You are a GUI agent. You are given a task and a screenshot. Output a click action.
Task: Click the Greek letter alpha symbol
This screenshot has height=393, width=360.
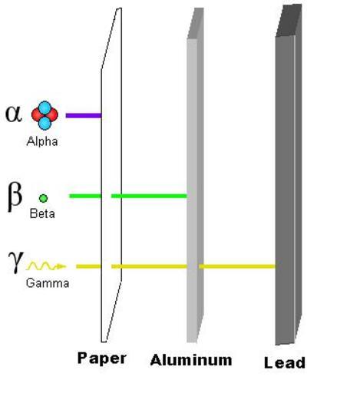tap(14, 114)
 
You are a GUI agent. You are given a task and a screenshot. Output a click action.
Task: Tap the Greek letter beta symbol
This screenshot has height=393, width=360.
tap(15, 196)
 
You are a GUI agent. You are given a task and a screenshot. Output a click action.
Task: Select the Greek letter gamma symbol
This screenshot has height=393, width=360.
tap(16, 262)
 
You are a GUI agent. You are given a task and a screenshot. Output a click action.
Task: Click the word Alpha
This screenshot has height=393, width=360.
tap(42, 141)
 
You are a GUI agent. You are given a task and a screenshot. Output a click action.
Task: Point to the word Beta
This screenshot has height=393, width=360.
tap(42, 213)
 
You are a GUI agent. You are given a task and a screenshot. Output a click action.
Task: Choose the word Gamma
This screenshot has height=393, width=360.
tap(48, 283)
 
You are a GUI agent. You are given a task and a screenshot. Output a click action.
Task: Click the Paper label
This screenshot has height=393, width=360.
tap(101, 358)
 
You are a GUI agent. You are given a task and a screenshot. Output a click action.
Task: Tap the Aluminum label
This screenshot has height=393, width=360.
tap(191, 360)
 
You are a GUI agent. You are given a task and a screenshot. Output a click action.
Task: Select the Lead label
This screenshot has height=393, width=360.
tap(285, 362)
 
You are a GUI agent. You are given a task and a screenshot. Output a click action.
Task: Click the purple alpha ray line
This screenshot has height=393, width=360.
tap(84, 115)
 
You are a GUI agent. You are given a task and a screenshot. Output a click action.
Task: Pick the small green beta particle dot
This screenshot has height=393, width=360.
tap(43, 198)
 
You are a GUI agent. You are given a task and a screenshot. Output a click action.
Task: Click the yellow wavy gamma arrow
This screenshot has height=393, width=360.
tap(46, 266)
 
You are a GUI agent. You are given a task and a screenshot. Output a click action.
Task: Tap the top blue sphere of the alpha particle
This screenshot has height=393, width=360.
tap(45, 107)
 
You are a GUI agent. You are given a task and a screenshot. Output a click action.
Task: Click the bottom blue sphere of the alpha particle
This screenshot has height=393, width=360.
tap(45, 123)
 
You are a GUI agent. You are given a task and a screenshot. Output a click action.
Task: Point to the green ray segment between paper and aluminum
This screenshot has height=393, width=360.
tap(149, 196)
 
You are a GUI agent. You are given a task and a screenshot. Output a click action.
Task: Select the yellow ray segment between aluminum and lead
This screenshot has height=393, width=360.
tap(237, 266)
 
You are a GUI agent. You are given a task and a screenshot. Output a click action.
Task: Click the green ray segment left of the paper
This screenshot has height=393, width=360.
tap(85, 196)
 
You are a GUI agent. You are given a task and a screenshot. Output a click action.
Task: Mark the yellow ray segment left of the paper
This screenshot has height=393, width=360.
tap(88, 266)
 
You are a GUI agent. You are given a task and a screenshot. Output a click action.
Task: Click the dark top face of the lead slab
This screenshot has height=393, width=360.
tap(289, 21)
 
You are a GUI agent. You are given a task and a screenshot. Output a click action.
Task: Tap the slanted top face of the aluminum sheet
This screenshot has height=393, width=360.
tap(196, 23)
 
